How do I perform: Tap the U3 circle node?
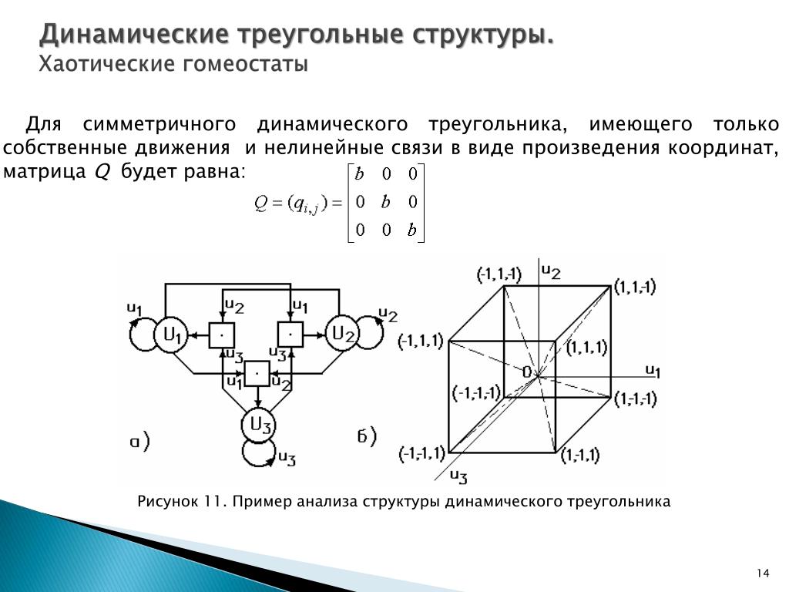[258, 425]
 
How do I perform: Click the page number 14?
[763, 573]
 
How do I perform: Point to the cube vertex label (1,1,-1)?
[635, 288]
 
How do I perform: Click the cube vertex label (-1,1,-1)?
[499, 274]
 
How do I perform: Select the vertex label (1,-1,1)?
[579, 455]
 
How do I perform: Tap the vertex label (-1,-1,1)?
[421, 452]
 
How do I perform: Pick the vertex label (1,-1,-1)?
[636, 399]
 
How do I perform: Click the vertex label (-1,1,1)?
[421, 341]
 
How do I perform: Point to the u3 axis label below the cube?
[458, 476]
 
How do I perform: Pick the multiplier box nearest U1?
[222, 335]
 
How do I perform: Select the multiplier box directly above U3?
[258, 375]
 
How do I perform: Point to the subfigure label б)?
[367, 438]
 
